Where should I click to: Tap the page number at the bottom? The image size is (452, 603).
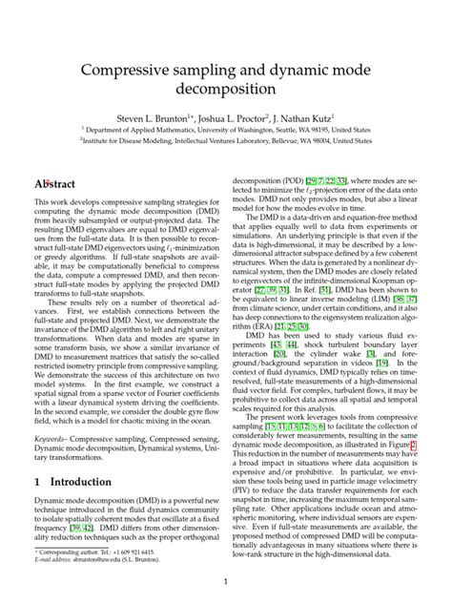(x=226, y=581)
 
